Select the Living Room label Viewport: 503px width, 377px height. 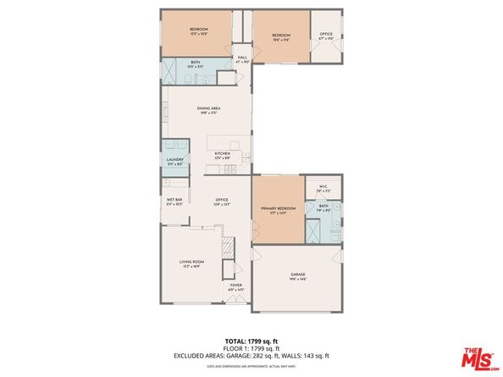pyautogui.click(x=191, y=263)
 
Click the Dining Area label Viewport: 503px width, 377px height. pyautogui.click(x=209, y=108)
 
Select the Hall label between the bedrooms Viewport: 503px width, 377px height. pyautogui.click(x=242, y=58)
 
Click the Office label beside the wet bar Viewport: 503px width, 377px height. pyautogui.click(x=222, y=200)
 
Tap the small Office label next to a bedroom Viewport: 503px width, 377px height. pyautogui.click(x=326, y=36)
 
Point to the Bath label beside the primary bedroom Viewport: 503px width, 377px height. pyautogui.click(x=323, y=205)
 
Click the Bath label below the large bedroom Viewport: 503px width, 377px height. pyautogui.click(x=196, y=62)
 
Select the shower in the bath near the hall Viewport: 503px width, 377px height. pyautogui.click(x=172, y=69)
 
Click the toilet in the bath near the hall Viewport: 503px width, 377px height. pyautogui.click(x=202, y=78)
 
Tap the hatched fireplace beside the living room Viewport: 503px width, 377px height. pyautogui.click(x=226, y=250)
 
